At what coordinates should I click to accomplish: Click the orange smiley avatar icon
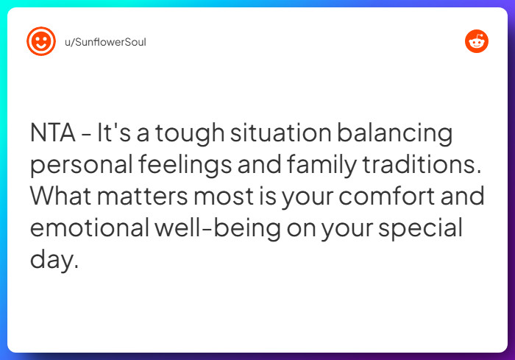pyautogui.click(x=40, y=41)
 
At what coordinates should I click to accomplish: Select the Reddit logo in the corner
pyautogui.click(x=477, y=41)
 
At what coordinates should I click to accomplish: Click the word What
pyautogui.click(x=63, y=197)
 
